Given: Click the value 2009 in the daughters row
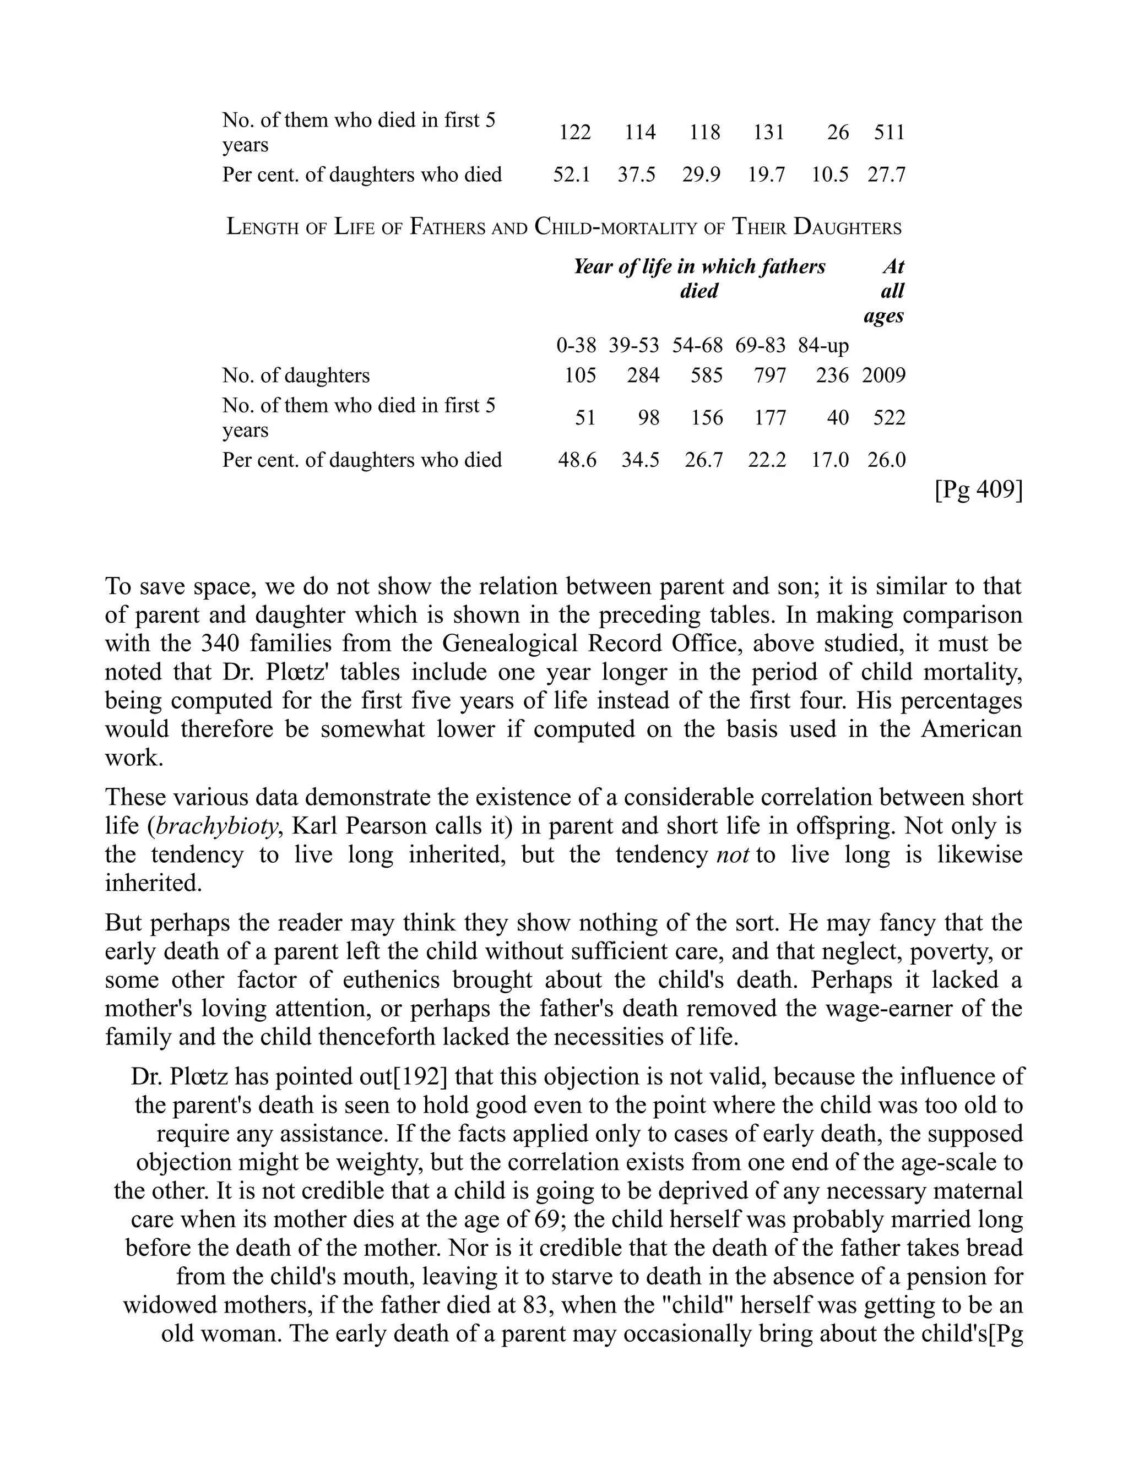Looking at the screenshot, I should (883, 375).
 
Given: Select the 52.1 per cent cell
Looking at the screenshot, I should (571, 175).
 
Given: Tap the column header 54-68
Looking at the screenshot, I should (697, 346).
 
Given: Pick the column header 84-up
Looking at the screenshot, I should (823, 346).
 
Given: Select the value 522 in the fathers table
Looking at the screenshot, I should (890, 418).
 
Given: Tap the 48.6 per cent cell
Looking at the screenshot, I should (577, 460).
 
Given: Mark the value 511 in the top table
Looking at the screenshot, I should (890, 132).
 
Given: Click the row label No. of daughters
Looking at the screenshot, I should (295, 375).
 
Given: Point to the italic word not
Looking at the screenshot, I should (733, 855).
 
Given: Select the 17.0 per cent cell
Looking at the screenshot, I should (829, 460).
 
